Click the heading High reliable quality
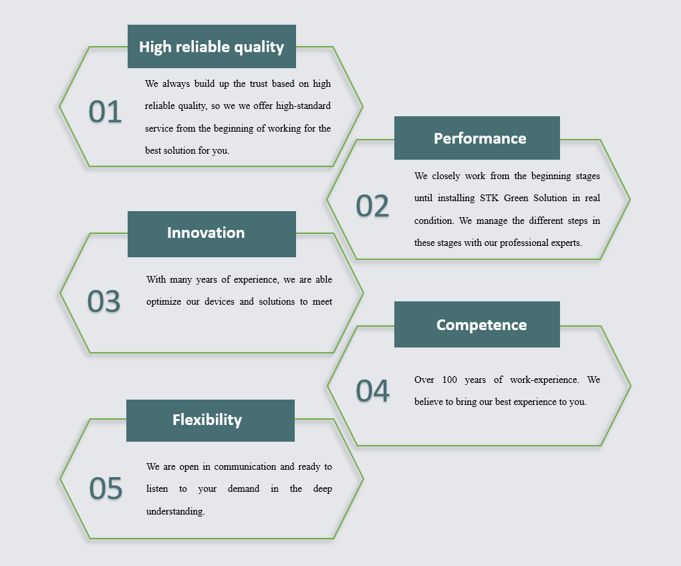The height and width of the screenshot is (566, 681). (x=211, y=47)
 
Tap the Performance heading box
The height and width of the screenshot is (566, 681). (x=477, y=138)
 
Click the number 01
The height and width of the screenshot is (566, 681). (x=105, y=112)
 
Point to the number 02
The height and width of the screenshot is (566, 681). (x=372, y=206)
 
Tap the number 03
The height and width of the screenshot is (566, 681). (x=104, y=301)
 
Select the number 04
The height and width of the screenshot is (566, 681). (x=373, y=391)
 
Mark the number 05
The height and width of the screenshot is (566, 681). (x=106, y=488)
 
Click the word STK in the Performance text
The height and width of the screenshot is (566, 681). (x=489, y=198)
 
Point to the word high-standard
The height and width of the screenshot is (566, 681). (x=303, y=106)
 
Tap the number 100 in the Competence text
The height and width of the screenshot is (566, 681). (x=450, y=380)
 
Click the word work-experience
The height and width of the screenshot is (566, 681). (x=545, y=380)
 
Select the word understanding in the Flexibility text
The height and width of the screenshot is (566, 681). (x=176, y=511)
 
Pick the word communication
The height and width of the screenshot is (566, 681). (x=245, y=466)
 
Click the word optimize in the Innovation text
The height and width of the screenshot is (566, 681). (x=164, y=302)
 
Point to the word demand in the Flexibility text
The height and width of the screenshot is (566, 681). (x=244, y=488)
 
